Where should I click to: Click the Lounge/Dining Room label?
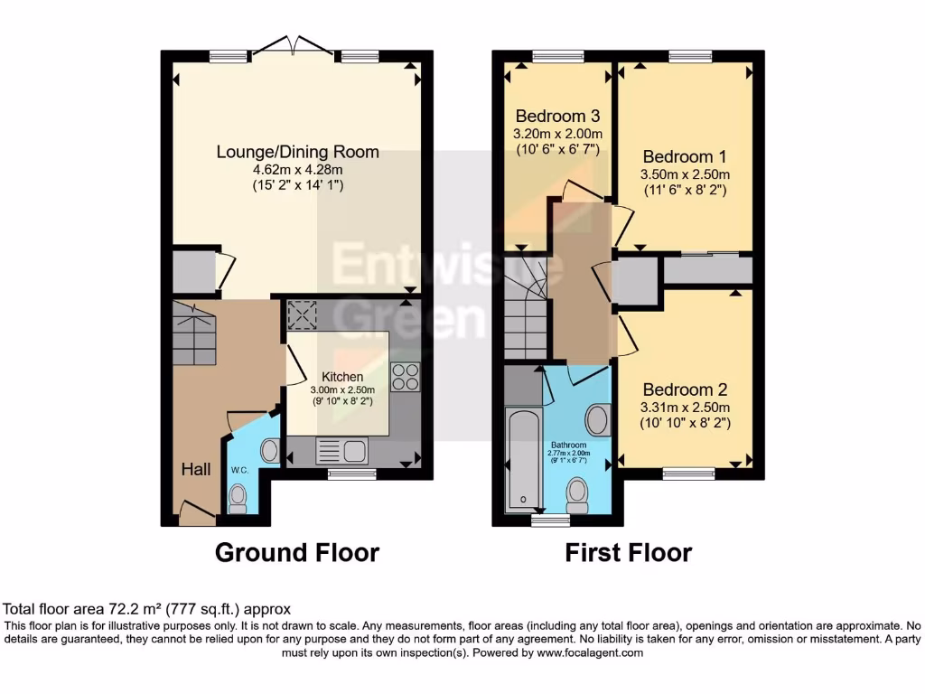297,152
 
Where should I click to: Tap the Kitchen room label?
342,377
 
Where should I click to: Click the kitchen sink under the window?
341,451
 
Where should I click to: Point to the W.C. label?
238,470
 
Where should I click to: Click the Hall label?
196,469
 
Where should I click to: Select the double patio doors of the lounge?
289,47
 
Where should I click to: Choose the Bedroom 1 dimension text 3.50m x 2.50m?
684,174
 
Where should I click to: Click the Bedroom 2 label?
685,390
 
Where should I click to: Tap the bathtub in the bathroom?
523,461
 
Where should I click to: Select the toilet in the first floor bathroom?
576,493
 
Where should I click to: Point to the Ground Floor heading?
296,552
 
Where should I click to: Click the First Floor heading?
629,552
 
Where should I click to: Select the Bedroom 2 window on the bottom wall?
688,473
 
